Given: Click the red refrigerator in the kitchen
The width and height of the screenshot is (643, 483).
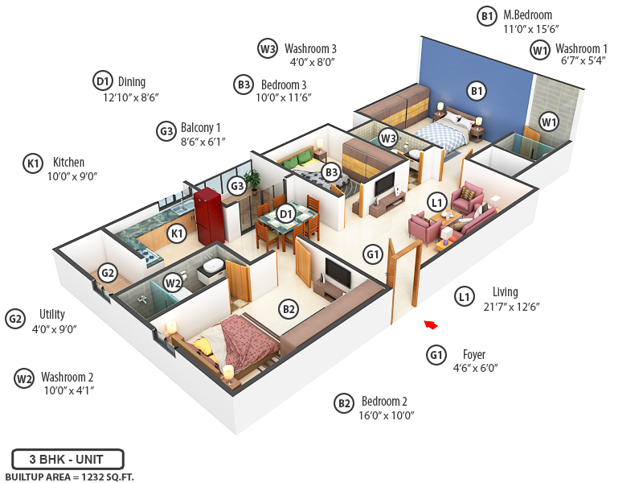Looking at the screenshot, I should pyautogui.click(x=211, y=215).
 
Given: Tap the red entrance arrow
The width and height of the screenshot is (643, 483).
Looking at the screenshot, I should pyautogui.click(x=432, y=324).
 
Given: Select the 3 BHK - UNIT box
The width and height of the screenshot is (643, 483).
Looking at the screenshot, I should pyautogui.click(x=68, y=460).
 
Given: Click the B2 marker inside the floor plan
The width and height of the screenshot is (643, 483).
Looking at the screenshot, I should pyautogui.click(x=289, y=308).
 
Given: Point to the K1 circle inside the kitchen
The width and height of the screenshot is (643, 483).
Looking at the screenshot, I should pyautogui.click(x=178, y=233).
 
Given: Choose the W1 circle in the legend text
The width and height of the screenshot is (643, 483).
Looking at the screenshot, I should pyautogui.click(x=540, y=50).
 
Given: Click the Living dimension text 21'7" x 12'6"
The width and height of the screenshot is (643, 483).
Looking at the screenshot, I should pyautogui.click(x=510, y=307).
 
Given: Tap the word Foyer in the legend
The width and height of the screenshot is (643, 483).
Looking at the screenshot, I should pyautogui.click(x=474, y=354).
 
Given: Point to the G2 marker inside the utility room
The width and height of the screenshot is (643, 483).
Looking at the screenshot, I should pyautogui.click(x=108, y=273).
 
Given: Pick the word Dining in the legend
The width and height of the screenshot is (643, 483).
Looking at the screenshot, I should pyautogui.click(x=132, y=81).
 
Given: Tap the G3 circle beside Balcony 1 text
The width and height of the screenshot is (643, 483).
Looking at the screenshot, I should pyautogui.click(x=166, y=130).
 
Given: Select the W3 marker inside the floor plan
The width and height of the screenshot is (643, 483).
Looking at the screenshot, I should pyautogui.click(x=389, y=138).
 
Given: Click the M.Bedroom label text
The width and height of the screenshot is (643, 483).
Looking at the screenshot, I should pyautogui.click(x=527, y=14).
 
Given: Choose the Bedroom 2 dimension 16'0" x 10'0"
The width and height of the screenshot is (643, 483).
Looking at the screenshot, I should pyautogui.click(x=387, y=416).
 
